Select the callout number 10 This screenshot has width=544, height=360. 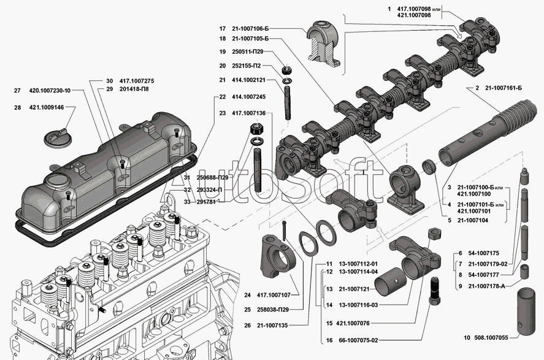(467, 337)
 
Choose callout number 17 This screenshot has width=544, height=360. (223, 29)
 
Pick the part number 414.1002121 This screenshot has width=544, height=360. (248, 80)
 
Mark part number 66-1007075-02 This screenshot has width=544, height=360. (359, 340)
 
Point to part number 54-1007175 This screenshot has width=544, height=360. (486, 252)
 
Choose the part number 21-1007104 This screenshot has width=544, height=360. (475, 220)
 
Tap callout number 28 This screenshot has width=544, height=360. (18, 107)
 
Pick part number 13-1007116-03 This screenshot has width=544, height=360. (359, 305)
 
